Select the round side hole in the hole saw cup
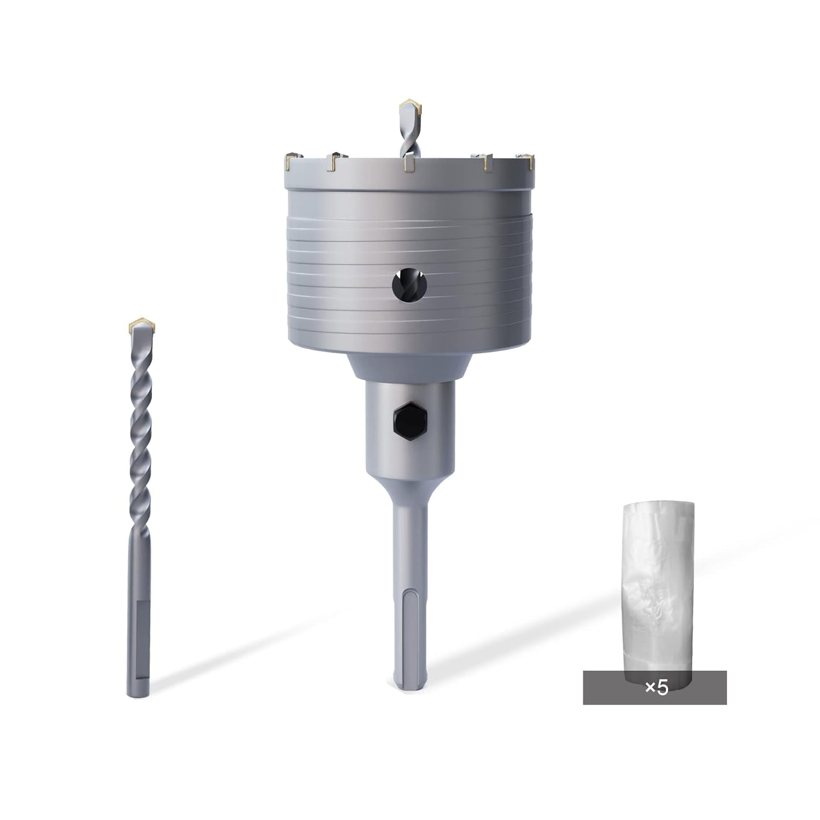(408, 285)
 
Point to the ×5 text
(656, 687)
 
